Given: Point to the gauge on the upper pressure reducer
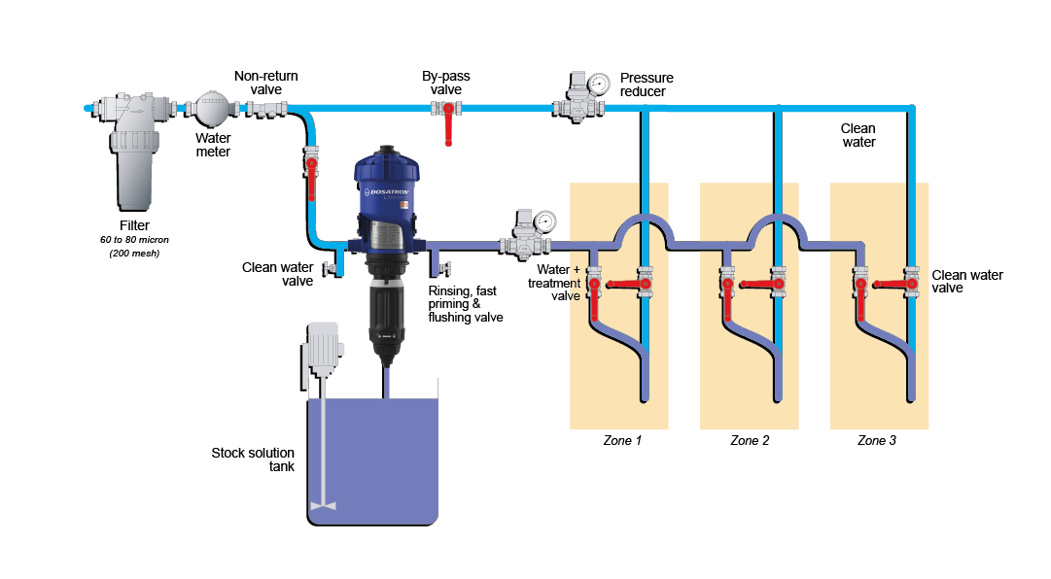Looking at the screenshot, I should click(x=599, y=83).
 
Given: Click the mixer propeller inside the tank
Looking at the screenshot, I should click(x=323, y=505).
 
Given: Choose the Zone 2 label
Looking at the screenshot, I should click(x=750, y=440).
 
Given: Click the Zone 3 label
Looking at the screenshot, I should click(x=877, y=440).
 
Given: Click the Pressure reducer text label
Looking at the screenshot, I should click(x=647, y=85).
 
